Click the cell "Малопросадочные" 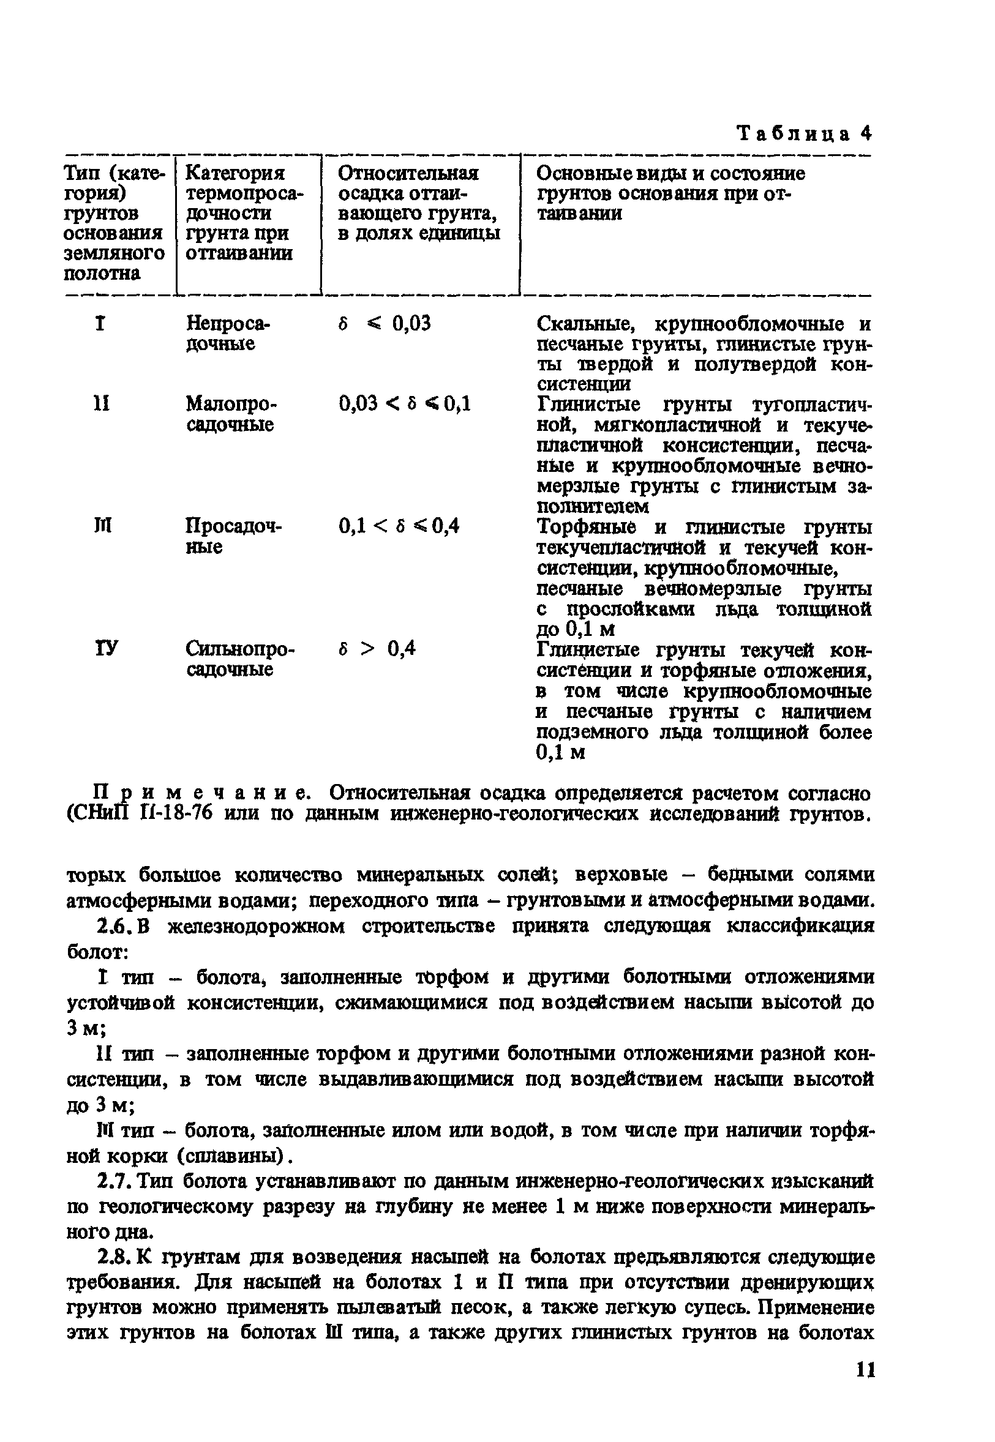coord(231,414)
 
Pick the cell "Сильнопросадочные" coord(239,659)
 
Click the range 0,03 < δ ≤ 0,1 coord(405,405)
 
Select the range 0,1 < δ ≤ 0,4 coord(399,526)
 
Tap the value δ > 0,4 coord(377,649)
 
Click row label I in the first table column coord(100,324)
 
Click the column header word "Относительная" coord(408,173)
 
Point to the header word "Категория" coord(235,173)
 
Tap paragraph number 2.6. coord(114,927)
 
